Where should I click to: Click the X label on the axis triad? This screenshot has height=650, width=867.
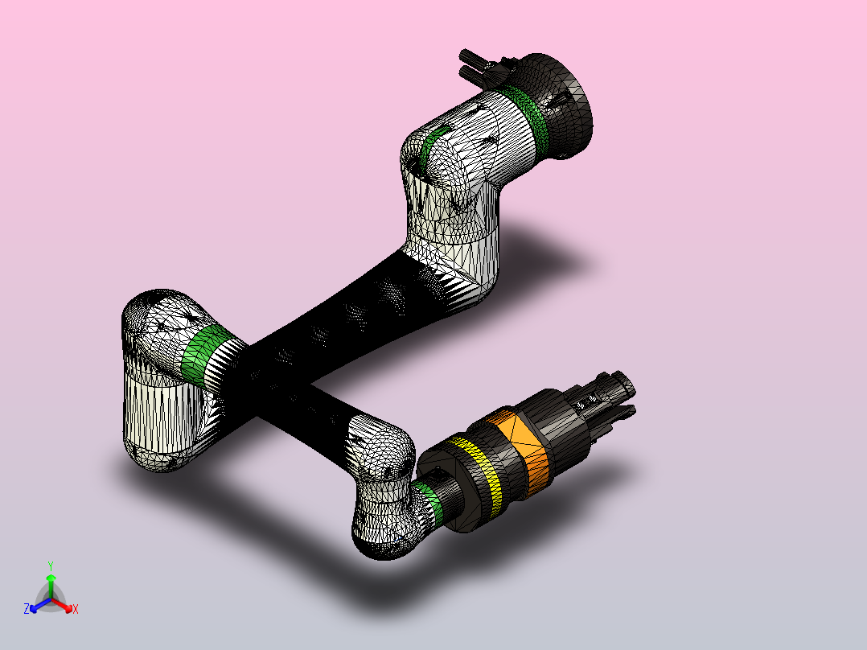coord(76,609)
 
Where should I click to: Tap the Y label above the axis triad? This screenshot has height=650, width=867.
coord(51,566)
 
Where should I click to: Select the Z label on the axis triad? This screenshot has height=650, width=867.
coord(27,608)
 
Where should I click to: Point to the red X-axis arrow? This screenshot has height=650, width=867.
coord(63,605)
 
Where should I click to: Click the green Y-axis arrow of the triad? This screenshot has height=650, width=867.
coord(51,586)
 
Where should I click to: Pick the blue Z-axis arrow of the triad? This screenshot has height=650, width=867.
coord(40,605)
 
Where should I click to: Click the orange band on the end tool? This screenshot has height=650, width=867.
coord(523,449)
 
